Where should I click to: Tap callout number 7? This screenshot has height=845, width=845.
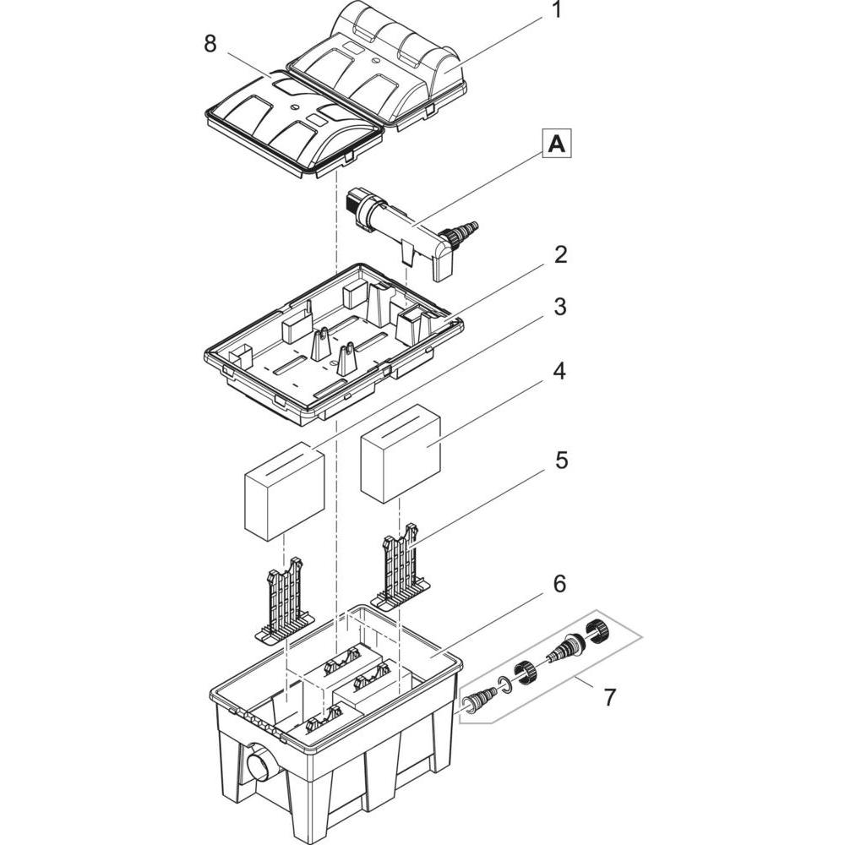tap(609, 697)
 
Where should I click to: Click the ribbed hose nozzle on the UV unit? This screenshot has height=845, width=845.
tap(465, 229)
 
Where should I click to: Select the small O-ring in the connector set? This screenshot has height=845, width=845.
tap(504, 684)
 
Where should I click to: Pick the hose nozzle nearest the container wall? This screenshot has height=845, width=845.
tap(479, 701)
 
